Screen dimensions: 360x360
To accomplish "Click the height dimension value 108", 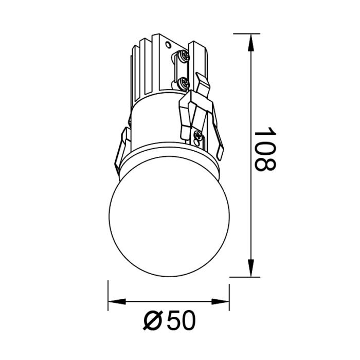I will [265, 149].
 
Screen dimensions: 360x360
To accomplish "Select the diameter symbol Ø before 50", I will [152, 322].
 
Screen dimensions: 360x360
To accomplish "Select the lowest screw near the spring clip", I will [199, 136].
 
